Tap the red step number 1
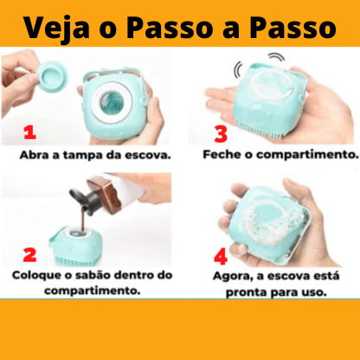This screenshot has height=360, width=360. (x=29, y=133)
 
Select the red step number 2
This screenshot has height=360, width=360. (x=29, y=255)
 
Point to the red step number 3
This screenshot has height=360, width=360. (x=221, y=134)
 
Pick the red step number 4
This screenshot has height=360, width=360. (x=221, y=257)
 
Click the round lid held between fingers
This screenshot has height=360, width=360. (x=53, y=76)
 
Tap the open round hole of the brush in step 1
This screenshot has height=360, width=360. (x=112, y=102)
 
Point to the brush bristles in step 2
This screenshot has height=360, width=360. (x=75, y=261)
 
